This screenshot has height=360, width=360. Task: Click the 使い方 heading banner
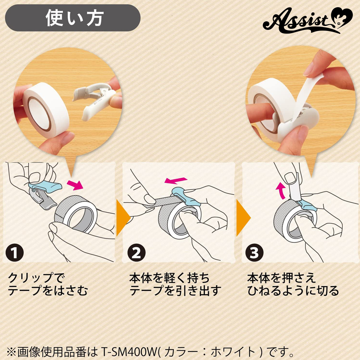(73, 18)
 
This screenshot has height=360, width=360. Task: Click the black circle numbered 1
(15, 253)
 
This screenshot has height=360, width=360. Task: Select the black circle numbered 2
(136, 253)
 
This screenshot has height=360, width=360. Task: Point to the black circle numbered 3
(255, 253)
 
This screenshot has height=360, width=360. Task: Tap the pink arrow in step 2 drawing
(176, 180)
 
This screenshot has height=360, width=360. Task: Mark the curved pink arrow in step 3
(280, 190)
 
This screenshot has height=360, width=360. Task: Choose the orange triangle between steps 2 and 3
(243, 218)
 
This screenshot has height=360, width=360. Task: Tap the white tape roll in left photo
(46, 110)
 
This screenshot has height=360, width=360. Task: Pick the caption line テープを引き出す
(175, 291)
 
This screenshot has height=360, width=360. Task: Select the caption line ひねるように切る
(293, 291)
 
